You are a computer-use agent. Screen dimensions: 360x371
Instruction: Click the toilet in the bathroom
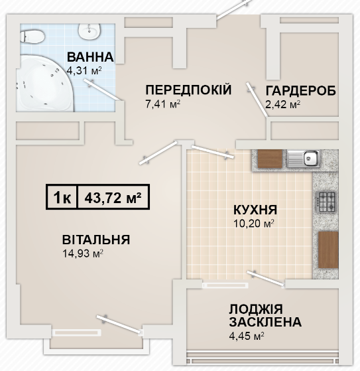32,37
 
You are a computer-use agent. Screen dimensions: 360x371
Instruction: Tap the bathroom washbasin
90,31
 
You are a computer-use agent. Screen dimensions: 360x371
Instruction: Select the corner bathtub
45,83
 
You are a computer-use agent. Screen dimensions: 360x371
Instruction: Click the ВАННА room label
90,57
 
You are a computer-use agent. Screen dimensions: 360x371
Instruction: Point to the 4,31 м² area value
84,70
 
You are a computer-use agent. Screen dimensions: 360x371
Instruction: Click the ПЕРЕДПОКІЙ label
188,90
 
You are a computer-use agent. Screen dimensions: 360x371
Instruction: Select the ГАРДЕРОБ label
301,91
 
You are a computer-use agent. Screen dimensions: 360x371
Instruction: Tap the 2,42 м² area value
282,104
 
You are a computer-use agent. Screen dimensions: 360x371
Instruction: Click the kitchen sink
304,159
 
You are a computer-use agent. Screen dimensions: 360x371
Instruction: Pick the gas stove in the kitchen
326,202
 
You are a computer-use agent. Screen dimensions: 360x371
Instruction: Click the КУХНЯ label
255,210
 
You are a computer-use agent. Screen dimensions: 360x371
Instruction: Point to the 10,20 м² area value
254,224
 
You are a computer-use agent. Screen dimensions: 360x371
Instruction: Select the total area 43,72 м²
113,198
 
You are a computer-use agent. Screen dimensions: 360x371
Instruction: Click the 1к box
62,197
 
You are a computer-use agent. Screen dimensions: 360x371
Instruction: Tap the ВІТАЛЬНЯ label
96,240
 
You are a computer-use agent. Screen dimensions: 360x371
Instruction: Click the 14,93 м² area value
82,254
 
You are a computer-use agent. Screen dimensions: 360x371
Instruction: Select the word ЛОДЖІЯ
256,309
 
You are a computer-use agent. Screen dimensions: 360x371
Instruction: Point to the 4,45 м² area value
247,336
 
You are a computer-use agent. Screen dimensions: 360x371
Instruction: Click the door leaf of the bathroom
102,90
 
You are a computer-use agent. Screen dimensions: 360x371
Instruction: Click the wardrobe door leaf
257,100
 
